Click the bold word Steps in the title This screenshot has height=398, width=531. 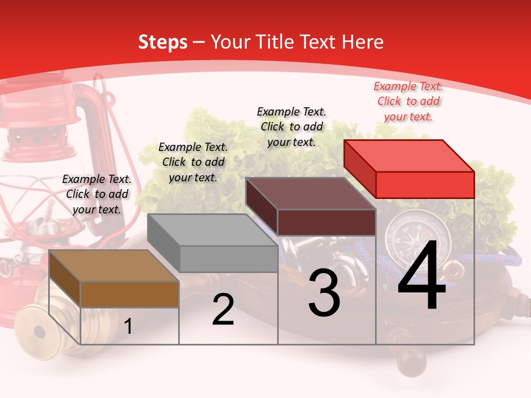(x=163, y=42)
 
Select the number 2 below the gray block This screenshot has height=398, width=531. (x=223, y=310)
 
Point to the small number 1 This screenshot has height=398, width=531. (x=128, y=327)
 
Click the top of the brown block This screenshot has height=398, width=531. (x=114, y=266)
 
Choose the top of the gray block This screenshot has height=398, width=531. (x=212, y=230)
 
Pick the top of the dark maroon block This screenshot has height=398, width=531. (x=310, y=193)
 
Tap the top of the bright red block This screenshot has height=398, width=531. (x=409, y=156)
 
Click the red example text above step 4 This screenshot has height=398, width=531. (x=408, y=102)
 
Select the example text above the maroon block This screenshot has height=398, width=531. (x=291, y=127)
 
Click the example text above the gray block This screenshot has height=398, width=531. (x=193, y=162)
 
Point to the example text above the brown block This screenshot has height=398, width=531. (x=97, y=194)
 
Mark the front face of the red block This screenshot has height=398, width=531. (x=425, y=185)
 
